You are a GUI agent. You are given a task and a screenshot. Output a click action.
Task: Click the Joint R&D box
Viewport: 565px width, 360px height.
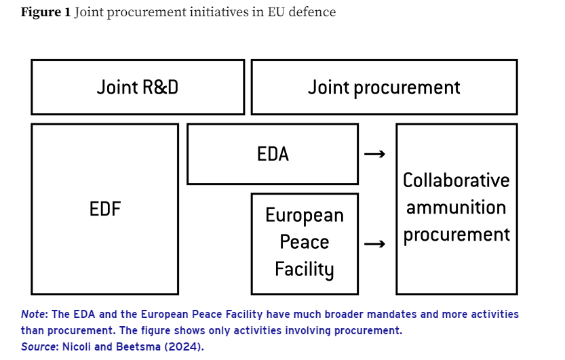coord(137,87)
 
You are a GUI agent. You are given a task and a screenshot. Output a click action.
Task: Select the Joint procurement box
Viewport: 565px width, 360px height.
coord(384,87)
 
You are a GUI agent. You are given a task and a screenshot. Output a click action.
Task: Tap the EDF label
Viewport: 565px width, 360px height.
coord(105,209)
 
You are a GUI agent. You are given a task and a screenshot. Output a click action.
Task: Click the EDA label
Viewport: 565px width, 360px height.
coord(273,154)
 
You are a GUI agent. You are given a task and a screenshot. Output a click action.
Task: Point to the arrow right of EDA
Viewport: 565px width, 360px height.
coord(374,155)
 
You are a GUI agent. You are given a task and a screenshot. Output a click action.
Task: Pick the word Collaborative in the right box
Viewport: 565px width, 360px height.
coord(456,180)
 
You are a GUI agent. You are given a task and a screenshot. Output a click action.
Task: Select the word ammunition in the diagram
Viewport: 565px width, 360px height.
coord(456,207)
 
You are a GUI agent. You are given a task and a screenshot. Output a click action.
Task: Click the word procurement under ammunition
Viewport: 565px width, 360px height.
coord(456,235)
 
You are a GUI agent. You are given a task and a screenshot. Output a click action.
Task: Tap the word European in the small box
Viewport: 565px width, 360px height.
coord(305,216)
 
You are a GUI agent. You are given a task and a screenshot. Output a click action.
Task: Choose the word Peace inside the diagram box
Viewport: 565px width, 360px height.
coord(305,242)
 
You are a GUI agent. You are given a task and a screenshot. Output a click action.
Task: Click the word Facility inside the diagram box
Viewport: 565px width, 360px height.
coord(305,269)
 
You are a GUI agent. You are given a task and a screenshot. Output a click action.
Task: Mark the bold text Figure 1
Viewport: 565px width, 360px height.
coord(45,12)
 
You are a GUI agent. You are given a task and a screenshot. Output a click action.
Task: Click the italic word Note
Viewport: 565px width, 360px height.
coord(32,315)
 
